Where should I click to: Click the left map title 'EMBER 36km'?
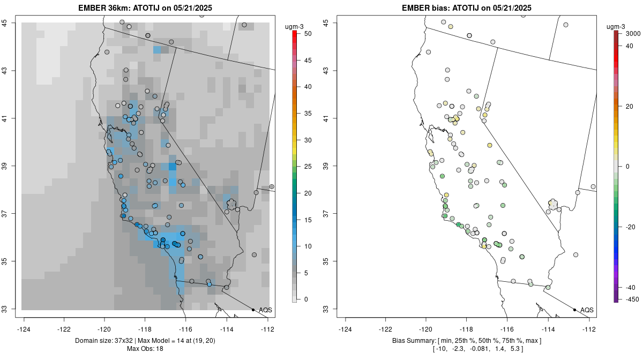pos(105,7)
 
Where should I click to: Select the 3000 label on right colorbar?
pos(633,34)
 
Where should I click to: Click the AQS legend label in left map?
pos(265,310)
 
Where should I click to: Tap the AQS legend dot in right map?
pos(574,310)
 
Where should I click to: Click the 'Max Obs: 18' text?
pos(145,349)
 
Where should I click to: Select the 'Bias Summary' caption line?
pos(467,341)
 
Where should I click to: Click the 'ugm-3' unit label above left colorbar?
pos(294,27)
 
